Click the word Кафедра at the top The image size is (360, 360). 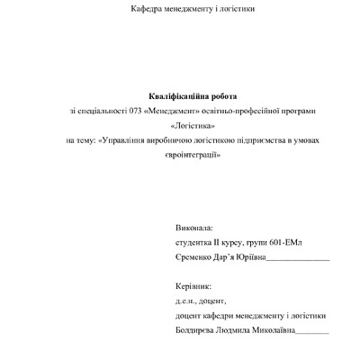click(x=148, y=10)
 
